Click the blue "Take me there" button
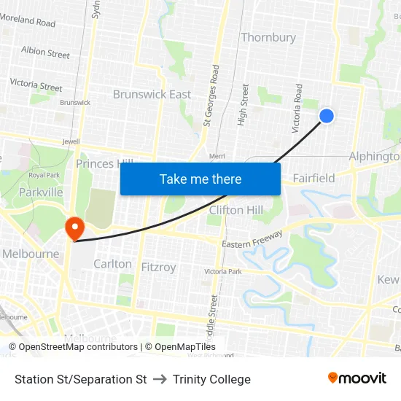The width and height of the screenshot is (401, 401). click(x=200, y=179)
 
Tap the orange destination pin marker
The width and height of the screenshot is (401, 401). click(x=74, y=229)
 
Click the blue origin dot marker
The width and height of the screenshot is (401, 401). click(x=327, y=115)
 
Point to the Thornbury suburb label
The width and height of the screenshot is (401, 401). click(x=268, y=37)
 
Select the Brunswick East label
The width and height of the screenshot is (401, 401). click(x=152, y=94)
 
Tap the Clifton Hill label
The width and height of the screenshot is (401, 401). click(x=235, y=210)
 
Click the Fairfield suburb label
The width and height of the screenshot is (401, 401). click(x=314, y=178)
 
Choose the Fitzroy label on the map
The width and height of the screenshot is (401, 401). click(x=158, y=268)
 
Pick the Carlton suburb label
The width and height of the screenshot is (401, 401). click(x=112, y=264)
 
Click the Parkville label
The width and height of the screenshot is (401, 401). click(x=41, y=192)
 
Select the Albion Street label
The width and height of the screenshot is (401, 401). click(x=45, y=52)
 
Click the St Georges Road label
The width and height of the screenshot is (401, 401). click(x=211, y=95)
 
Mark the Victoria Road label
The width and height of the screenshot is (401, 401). click(x=297, y=108)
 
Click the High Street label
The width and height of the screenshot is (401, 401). click(x=244, y=104)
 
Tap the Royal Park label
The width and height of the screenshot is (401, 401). click(x=43, y=175)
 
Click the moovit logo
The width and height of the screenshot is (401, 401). click(x=357, y=378)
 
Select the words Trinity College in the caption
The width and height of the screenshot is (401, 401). click(x=211, y=379)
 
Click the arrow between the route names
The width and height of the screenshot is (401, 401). click(x=160, y=379)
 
